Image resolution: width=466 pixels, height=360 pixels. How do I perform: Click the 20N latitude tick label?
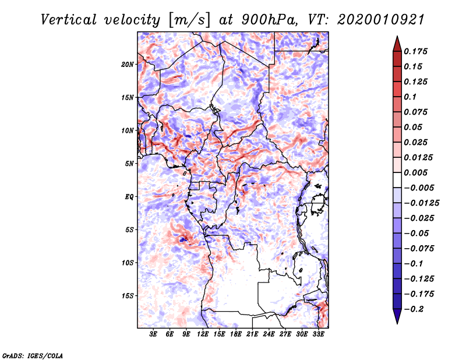[x=128, y=64]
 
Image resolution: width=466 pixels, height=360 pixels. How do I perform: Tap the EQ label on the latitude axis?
[x=129, y=197]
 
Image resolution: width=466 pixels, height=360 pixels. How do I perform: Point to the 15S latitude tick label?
[x=128, y=296]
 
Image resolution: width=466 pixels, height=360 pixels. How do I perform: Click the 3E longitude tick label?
[x=154, y=334]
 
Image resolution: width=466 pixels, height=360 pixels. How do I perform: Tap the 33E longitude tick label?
[x=319, y=334]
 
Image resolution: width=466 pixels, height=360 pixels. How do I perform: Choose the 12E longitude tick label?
[x=203, y=334]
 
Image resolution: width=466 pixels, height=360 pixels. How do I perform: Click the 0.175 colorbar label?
[x=416, y=51]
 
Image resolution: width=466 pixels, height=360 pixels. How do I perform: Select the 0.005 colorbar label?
[x=416, y=173]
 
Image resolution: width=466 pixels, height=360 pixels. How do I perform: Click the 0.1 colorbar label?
[x=409, y=97]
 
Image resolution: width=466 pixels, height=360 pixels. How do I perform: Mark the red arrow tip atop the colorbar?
[x=397, y=39]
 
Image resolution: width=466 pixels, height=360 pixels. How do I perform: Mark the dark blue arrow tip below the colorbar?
[x=397, y=320]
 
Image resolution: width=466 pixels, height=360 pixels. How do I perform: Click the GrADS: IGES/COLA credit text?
[x=32, y=355]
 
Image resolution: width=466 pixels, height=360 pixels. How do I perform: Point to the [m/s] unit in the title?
[x=188, y=19]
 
